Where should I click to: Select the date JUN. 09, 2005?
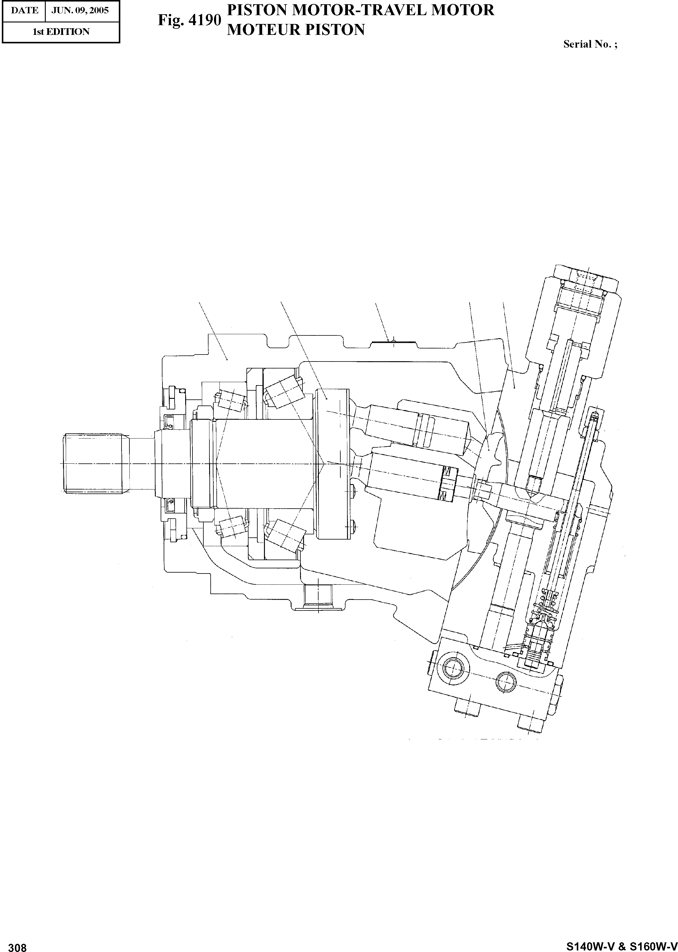(80, 10)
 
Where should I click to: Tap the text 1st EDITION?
(61, 32)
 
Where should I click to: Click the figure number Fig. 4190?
(189, 20)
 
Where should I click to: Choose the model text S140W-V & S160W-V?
(622, 944)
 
